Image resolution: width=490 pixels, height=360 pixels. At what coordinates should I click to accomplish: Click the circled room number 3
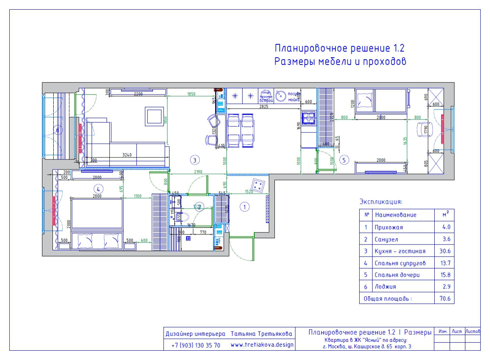point(195,160)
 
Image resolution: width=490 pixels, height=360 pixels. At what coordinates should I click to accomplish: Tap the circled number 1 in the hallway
point(245,207)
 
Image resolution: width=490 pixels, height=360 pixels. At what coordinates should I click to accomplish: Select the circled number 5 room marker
point(344,160)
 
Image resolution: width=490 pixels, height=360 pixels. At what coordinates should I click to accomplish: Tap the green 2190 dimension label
point(197,172)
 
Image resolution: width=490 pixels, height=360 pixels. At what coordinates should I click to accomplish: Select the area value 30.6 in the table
point(446,251)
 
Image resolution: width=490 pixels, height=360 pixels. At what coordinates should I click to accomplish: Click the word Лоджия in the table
point(385,287)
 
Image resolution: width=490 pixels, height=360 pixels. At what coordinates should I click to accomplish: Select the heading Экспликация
point(381,201)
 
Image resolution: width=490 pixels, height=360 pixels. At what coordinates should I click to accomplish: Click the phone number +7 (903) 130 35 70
point(196,345)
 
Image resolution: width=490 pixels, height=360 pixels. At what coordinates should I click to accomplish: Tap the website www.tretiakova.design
point(262,345)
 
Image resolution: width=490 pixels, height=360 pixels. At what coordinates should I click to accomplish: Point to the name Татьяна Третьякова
point(262,334)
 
